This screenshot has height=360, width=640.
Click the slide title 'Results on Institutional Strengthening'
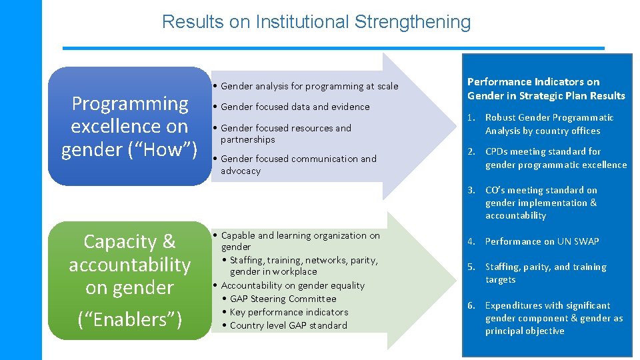point(316,22)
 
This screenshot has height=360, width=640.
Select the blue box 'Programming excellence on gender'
point(129,126)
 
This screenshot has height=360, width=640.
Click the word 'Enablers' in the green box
point(130,319)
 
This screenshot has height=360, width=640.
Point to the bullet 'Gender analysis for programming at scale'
point(309,86)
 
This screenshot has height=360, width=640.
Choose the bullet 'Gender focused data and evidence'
point(295,107)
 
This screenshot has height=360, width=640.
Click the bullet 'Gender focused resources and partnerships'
point(285,133)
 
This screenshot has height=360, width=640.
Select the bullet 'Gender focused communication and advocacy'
point(298,165)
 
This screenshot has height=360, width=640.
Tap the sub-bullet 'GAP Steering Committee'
point(283,299)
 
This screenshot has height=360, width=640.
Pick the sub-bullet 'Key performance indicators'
point(289,312)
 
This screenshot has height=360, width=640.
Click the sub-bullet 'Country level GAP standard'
point(288,325)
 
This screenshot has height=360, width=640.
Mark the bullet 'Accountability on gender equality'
point(293,285)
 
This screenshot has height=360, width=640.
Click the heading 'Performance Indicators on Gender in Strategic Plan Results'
point(546,89)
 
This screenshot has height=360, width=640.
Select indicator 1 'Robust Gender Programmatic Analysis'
point(549,124)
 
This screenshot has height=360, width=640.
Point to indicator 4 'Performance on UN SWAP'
point(541,241)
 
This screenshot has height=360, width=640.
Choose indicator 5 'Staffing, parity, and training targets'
point(545,273)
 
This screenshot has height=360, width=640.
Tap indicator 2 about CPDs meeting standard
point(555,158)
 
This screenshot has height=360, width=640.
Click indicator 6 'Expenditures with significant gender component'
point(553,318)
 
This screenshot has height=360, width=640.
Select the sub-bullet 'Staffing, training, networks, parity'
point(303,265)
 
